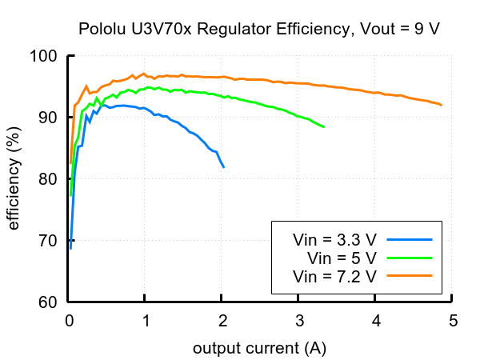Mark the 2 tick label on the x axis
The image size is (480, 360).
[x=222, y=322]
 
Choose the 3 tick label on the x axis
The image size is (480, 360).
[x=298, y=322]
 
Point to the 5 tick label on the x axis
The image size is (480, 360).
[x=452, y=322]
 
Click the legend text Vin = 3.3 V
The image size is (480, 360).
[x=334, y=239]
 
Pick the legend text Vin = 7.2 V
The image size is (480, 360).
[x=334, y=276]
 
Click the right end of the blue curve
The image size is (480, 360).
[x=224, y=166]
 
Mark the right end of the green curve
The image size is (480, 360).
[x=323, y=126]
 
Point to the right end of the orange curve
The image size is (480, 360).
[x=441, y=105]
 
